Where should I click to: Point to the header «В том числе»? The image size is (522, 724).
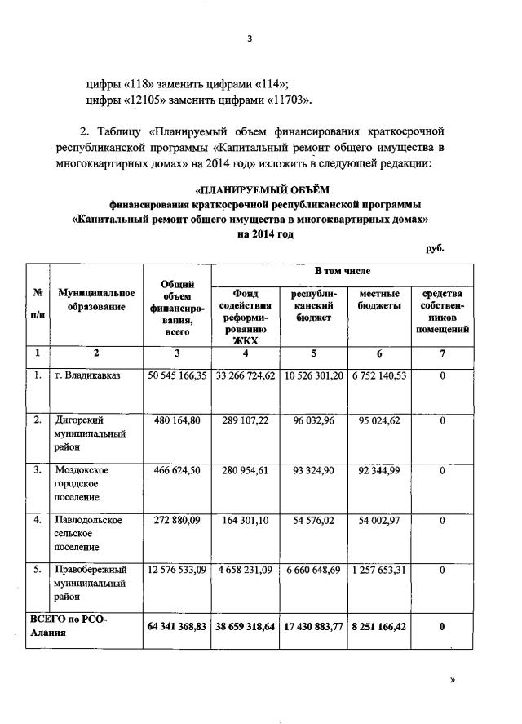343,270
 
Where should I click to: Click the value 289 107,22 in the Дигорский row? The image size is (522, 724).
246,421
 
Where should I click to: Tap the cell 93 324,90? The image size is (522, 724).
312,470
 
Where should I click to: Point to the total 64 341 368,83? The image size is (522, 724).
177,626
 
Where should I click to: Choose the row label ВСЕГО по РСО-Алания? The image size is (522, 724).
69,626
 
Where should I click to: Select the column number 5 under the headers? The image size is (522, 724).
312,353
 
